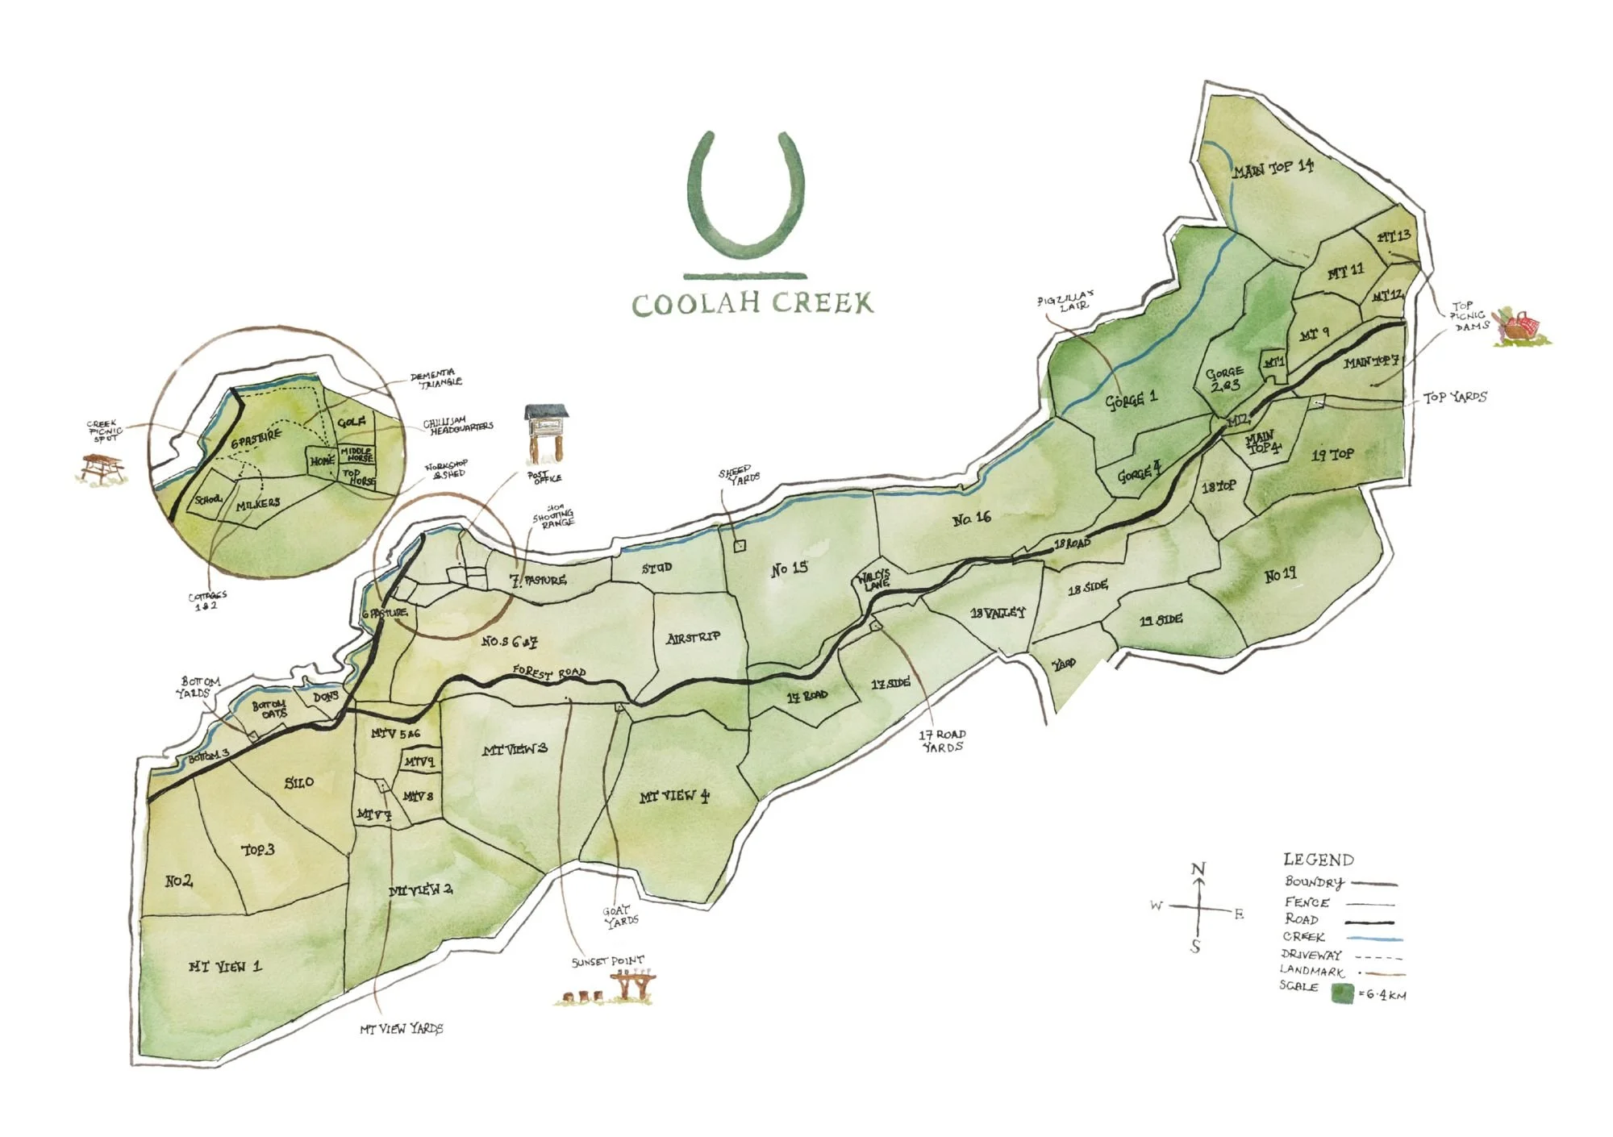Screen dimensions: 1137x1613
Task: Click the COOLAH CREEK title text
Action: [752, 304]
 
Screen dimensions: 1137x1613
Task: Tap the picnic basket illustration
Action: [1520, 327]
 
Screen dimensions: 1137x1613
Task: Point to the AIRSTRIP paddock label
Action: [694, 638]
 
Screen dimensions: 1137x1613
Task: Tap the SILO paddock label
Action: [299, 782]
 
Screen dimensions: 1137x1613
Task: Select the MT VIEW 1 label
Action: [225, 966]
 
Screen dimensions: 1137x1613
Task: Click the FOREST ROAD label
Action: [549, 673]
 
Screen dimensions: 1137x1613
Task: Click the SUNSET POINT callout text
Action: [607, 961]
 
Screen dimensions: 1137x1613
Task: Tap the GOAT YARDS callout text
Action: [620, 916]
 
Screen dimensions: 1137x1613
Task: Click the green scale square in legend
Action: [1342, 993]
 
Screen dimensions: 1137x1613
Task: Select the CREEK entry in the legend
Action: [1304, 937]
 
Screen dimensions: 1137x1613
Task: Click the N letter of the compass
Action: [1198, 869]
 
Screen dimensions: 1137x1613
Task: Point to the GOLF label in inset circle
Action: [352, 422]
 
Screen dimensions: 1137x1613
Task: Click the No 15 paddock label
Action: [789, 568]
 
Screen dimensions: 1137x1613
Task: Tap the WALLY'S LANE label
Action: [873, 580]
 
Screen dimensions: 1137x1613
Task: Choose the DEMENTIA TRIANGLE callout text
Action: [436, 379]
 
